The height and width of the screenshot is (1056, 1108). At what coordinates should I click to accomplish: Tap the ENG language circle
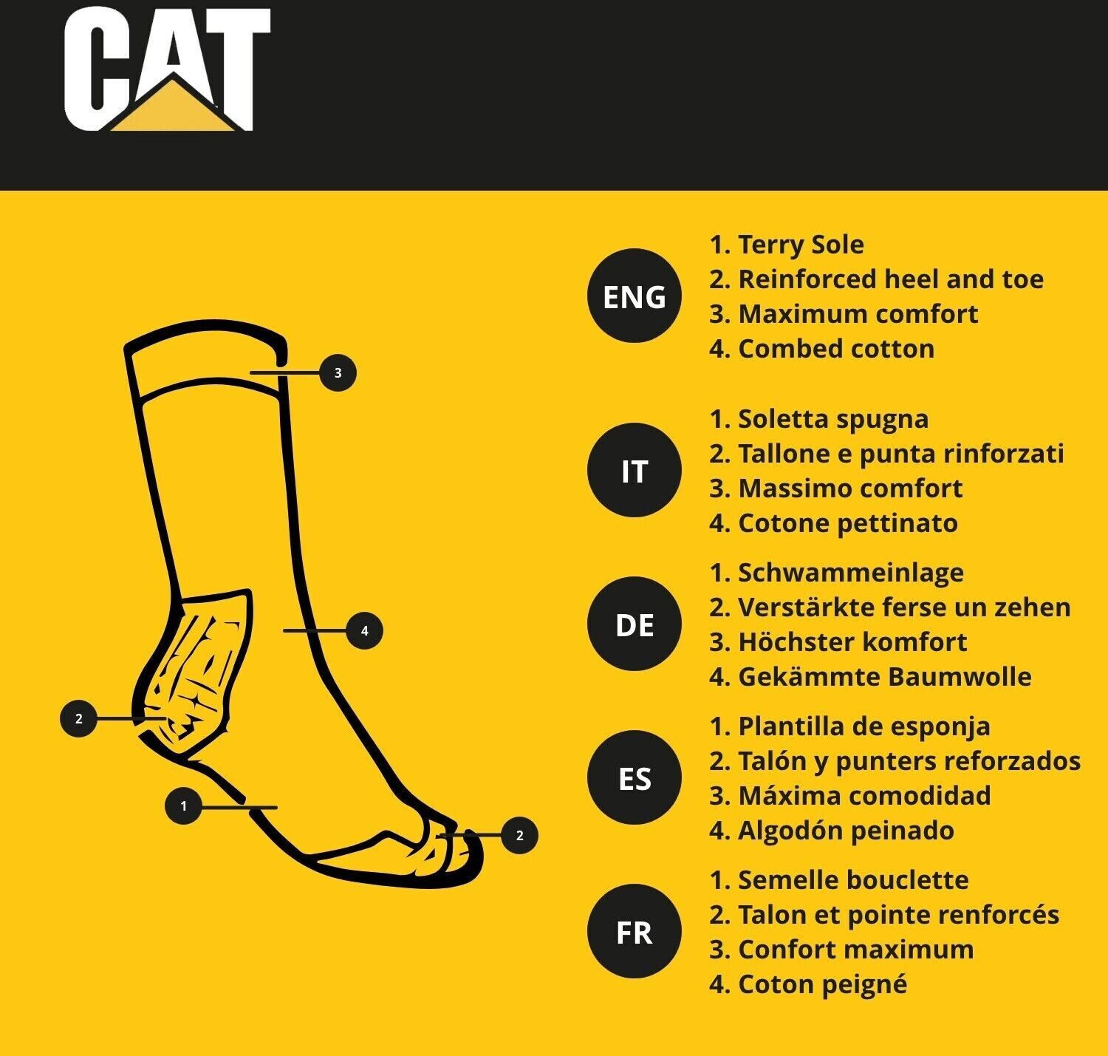(634, 296)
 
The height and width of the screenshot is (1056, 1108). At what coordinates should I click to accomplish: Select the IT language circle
(634, 470)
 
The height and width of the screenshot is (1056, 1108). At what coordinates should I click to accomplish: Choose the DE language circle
(634, 624)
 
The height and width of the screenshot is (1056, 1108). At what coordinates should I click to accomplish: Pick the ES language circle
(634, 778)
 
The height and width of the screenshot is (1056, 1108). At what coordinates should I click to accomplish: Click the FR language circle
(634, 931)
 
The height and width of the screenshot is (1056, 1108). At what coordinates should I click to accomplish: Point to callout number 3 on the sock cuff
(338, 372)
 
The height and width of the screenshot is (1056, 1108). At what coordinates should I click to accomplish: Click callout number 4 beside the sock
(364, 630)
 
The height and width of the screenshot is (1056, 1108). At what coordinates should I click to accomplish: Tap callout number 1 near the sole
(183, 806)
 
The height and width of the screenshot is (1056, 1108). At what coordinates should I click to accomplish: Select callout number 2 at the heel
(78, 719)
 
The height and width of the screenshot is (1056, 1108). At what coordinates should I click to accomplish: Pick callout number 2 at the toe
(519, 836)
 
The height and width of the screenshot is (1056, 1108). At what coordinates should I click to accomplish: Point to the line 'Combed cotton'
(836, 349)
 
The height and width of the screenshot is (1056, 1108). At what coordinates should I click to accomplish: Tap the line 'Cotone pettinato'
(848, 523)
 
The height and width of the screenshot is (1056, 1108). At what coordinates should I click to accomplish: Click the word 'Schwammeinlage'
(851, 573)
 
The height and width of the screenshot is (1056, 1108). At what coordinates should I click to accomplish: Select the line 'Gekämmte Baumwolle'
(885, 677)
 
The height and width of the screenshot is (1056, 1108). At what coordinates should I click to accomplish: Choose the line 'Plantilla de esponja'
(864, 726)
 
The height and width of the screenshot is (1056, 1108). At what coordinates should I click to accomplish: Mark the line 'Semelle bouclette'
(853, 880)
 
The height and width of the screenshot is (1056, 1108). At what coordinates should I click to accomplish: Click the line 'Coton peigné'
(823, 984)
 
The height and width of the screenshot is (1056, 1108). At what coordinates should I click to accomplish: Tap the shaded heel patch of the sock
(194, 671)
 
